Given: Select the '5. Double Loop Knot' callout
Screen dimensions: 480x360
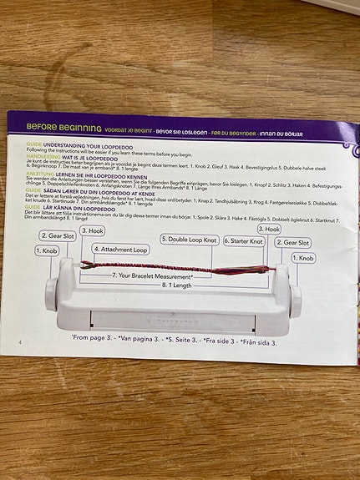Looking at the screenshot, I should click(189, 240).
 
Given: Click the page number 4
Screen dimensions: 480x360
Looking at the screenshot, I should click(19, 341).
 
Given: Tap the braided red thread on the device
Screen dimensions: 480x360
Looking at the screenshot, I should click(167, 268).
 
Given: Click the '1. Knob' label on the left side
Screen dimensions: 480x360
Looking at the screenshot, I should click(50, 250).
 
